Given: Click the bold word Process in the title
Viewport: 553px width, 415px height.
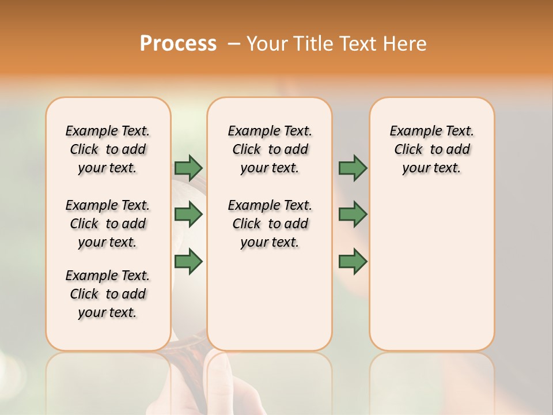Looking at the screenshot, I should [178, 44].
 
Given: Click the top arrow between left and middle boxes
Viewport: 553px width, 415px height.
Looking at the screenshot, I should [188, 168].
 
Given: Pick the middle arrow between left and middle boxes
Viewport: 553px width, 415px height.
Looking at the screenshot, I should [188, 214].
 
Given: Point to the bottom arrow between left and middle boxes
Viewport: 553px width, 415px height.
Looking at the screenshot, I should [188, 262].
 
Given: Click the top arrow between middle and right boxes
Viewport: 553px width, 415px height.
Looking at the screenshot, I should [353, 168].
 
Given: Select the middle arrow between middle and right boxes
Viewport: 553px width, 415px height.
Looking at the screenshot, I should [353, 214].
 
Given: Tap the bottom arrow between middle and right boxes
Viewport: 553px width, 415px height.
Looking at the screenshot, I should [353, 262].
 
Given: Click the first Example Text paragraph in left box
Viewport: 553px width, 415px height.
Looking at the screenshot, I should [108, 149].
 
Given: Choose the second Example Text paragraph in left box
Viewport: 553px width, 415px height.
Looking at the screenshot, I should [108, 224].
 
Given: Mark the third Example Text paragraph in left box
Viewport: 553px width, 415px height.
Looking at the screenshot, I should [108, 294].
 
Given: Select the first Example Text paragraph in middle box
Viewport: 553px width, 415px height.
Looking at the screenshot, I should [270, 149].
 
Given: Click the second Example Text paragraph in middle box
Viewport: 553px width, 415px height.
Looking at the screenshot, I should [270, 224].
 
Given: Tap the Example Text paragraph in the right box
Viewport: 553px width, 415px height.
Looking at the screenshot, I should [432, 149].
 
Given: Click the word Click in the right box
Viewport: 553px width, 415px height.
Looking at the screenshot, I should [408, 149].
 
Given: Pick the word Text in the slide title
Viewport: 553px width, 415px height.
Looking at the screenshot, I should [360, 44].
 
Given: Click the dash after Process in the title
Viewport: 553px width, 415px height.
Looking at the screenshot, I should [234, 44].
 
